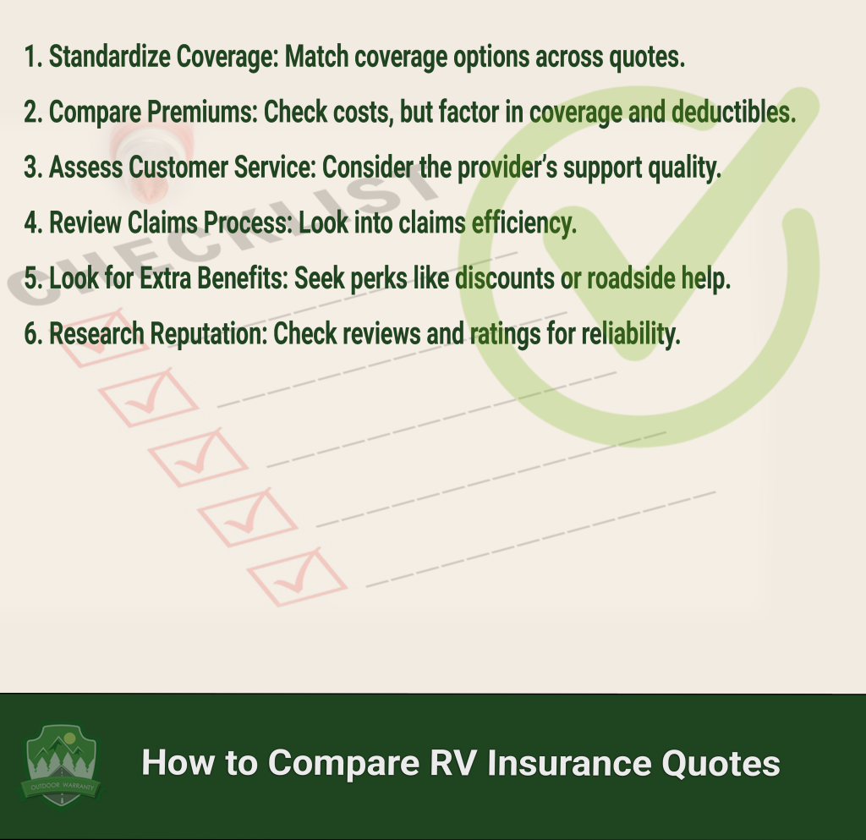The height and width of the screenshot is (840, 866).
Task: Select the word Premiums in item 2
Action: [x=203, y=113]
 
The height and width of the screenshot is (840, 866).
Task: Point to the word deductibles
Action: [x=733, y=113]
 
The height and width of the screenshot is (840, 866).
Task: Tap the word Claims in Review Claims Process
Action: [x=162, y=222]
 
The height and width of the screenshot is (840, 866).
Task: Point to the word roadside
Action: [x=631, y=277]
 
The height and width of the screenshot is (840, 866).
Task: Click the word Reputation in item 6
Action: [x=209, y=334]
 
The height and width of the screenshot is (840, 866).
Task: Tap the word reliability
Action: [x=631, y=334]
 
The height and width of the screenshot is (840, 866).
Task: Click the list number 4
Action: [x=33, y=223]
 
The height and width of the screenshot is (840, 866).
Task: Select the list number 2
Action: [x=33, y=113]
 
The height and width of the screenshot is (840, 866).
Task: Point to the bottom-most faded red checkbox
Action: [x=297, y=577]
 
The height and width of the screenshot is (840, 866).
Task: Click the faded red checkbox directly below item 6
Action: [x=149, y=397]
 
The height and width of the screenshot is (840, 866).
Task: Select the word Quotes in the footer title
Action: [x=721, y=763]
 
